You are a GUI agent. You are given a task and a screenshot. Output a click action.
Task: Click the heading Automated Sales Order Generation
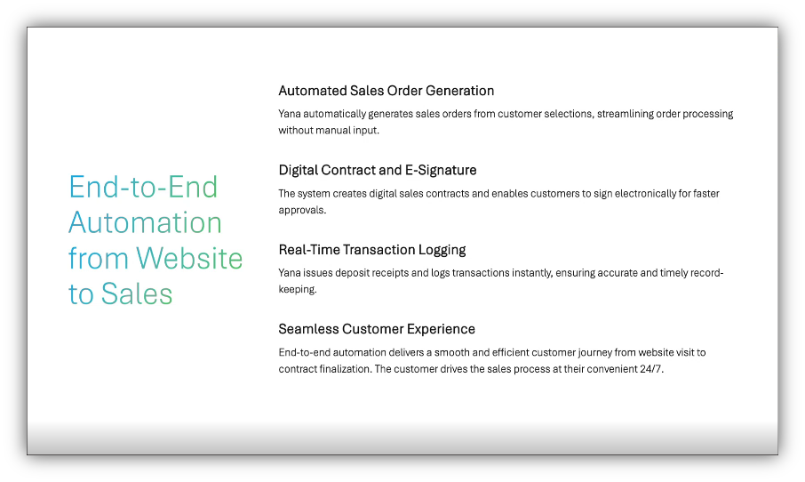[x=387, y=91]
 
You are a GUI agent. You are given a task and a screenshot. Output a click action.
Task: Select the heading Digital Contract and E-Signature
[x=378, y=171]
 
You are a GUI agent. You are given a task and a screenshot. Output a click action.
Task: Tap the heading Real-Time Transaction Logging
[x=372, y=250]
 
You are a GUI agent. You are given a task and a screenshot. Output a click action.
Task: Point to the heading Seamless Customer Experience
[x=377, y=329]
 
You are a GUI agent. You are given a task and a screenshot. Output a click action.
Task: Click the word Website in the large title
[x=189, y=258]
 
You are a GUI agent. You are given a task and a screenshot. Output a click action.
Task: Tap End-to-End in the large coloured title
[x=143, y=187]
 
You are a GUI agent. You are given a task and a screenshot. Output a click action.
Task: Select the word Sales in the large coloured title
[x=137, y=294]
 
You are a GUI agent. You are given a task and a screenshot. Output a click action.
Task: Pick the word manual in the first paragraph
[x=332, y=131]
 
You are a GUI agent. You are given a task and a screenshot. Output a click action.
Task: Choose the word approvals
[x=302, y=211]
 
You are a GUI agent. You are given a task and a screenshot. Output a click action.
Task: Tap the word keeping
[x=298, y=290]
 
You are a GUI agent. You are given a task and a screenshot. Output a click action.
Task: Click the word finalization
[x=346, y=369]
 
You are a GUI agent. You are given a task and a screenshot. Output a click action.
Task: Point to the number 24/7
[x=651, y=369]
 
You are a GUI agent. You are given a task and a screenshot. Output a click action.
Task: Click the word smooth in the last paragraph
[x=451, y=352]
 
